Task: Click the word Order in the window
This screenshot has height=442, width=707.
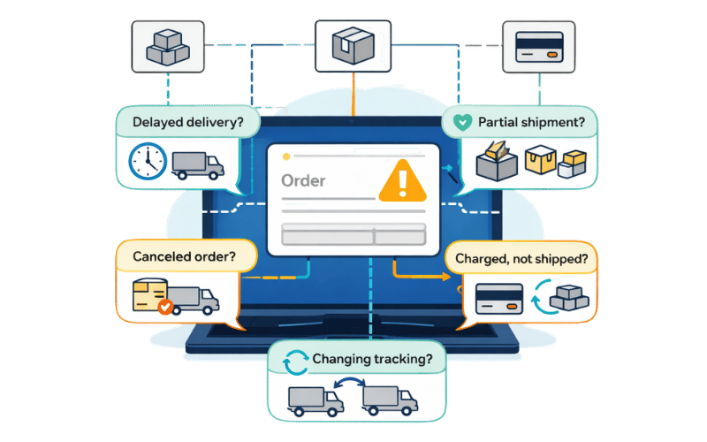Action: coord(303,181)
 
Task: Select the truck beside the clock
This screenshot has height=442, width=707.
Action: coord(198,164)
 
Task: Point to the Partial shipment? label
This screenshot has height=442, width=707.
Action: coord(530,123)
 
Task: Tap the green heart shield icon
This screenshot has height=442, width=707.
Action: coord(462,123)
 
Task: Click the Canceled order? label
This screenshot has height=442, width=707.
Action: coord(183,257)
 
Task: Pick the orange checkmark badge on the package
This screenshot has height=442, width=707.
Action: coord(164,308)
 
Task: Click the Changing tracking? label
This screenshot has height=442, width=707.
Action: coord(372,360)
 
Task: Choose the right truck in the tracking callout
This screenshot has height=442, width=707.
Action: coord(391,400)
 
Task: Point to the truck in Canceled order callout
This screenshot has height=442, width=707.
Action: coord(192,300)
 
